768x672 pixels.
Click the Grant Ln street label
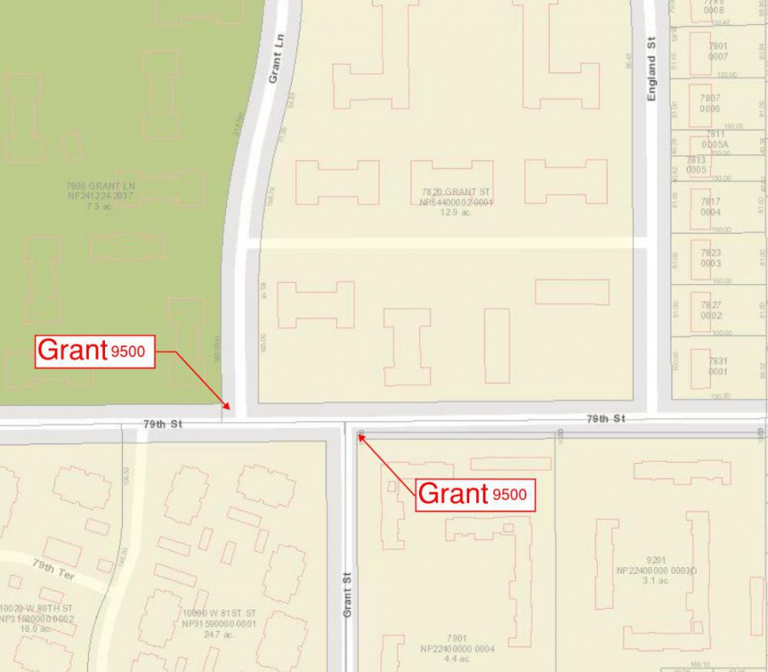point(275,63)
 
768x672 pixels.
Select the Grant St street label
point(347,594)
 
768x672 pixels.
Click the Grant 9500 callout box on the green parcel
point(94,350)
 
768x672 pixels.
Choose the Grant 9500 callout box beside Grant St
point(475,494)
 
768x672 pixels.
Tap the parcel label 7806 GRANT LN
point(101,185)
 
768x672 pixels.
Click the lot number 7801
point(717,46)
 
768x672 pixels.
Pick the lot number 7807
point(710,98)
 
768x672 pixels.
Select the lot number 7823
point(710,253)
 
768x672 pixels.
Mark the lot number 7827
point(710,305)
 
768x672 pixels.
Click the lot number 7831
point(717,362)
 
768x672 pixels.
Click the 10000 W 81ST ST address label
point(219,614)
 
